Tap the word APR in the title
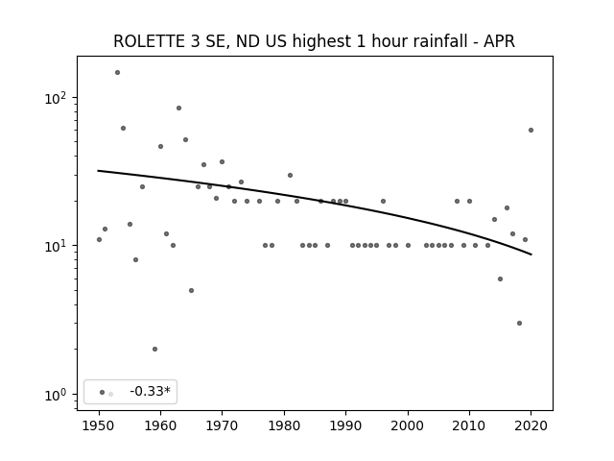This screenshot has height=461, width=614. point(499,41)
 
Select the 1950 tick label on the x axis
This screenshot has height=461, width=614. point(99,425)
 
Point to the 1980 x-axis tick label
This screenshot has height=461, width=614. point(284,425)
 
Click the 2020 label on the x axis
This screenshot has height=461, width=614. point(531,425)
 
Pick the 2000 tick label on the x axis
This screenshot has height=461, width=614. point(408,425)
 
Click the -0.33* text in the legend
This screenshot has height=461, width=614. point(151,391)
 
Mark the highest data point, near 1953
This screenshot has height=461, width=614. point(117,73)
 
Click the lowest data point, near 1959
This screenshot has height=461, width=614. point(154,349)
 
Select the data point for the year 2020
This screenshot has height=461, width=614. point(531,131)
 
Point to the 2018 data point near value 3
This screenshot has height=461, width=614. point(519,323)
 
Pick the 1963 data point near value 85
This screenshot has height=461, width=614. point(179,109)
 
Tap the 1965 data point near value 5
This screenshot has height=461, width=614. point(191,290)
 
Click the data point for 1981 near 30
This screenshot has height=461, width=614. point(290,175)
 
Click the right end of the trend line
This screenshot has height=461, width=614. point(531,255)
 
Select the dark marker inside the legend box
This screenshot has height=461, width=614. point(103,392)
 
